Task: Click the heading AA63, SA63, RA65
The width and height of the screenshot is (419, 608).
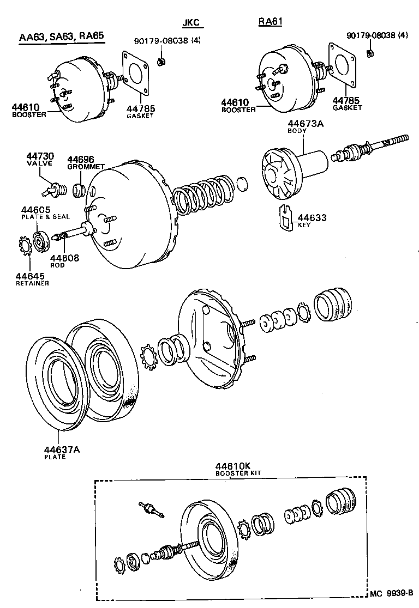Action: [61, 38]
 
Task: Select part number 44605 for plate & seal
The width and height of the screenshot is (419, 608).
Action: [35, 210]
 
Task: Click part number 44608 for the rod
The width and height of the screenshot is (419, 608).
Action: [64, 258]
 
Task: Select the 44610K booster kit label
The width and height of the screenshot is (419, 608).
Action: [232, 466]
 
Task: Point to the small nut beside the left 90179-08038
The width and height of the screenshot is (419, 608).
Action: [161, 62]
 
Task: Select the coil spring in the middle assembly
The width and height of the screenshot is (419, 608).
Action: [205, 194]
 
